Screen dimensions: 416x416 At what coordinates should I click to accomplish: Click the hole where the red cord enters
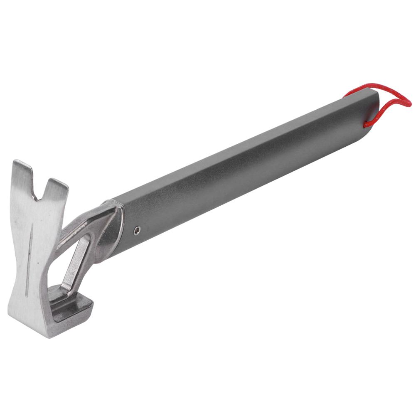click(367, 123)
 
